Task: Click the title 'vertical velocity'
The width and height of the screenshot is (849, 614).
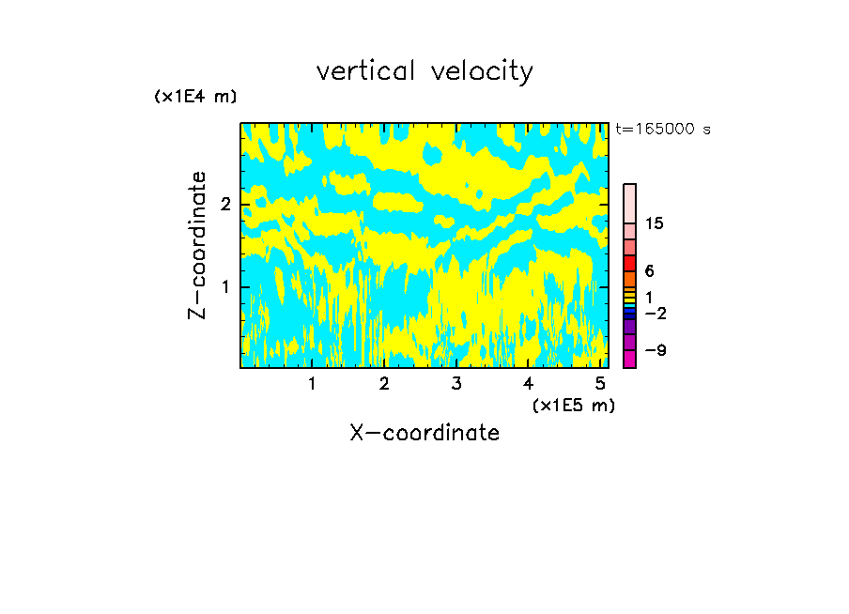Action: [424, 71]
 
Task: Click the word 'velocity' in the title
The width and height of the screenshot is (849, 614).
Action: [482, 71]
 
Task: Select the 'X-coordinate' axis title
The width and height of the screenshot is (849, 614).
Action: [424, 433]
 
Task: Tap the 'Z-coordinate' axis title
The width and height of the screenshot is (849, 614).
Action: [197, 245]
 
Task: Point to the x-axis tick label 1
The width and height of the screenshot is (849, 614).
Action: [312, 384]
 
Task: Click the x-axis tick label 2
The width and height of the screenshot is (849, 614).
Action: [384, 384]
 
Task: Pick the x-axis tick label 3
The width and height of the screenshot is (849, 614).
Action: [456, 384]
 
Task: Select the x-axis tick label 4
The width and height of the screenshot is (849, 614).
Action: [529, 384]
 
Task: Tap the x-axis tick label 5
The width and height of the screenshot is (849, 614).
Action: [601, 384]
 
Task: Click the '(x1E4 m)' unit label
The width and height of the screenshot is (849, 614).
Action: [195, 97]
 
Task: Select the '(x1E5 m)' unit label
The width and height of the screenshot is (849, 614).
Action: [573, 405]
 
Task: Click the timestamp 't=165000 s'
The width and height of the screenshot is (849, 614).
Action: [663, 130]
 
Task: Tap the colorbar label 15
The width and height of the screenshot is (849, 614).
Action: [655, 223]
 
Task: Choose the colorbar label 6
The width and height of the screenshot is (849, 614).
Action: [649, 270]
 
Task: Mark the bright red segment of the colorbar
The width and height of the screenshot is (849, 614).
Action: [630, 263]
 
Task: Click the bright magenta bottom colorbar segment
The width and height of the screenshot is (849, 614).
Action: [630, 359]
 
